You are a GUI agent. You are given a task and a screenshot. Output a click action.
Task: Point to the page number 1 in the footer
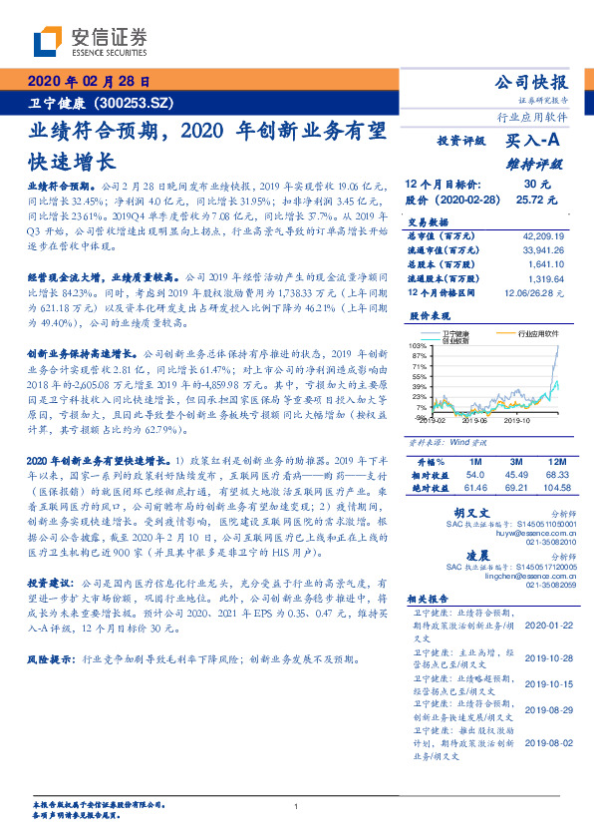point(296,807)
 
